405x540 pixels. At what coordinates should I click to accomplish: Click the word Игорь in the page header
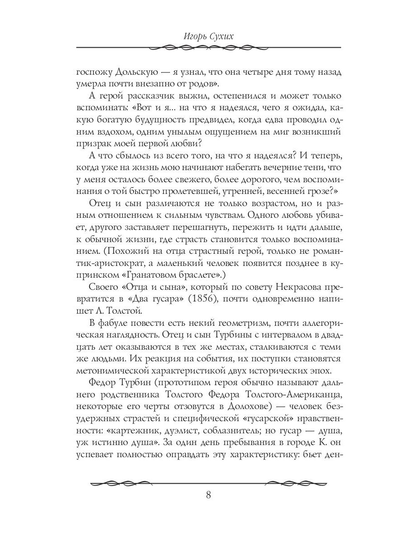pyautogui.click(x=186, y=36)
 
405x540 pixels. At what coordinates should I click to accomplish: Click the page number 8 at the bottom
pyautogui.click(x=208, y=495)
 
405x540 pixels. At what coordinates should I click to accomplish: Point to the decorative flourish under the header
pyautogui.click(x=208, y=47)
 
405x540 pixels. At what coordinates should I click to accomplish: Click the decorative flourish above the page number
pyautogui.click(x=208, y=483)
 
